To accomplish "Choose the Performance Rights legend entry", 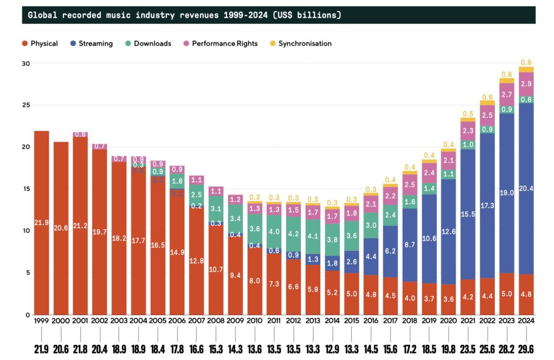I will click(x=222, y=43).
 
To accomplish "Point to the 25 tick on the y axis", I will click(x=26, y=105).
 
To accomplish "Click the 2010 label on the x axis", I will click(x=255, y=321).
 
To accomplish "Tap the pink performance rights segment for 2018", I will click(x=410, y=184).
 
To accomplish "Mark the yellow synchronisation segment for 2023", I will click(x=507, y=81).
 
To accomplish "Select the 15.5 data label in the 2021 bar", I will click(x=468, y=214).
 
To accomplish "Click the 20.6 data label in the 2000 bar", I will click(x=61, y=228).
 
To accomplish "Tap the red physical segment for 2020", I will click(x=449, y=300).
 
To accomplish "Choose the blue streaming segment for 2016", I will click(x=371, y=257).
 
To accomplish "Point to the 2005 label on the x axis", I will click(x=158, y=321).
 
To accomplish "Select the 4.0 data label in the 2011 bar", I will click(x=274, y=231).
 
